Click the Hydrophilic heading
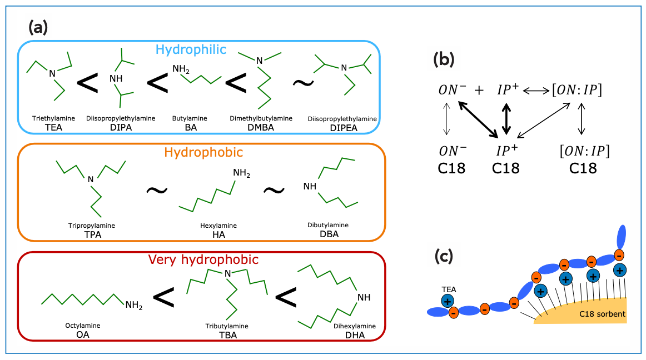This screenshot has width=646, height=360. point(191,49)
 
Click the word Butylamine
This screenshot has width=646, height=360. point(190,118)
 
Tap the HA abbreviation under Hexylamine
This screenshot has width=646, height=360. point(218,234)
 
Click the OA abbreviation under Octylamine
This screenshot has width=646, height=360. point(83,334)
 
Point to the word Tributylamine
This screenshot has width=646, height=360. point(227,326)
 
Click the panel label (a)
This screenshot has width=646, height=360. point(37,27)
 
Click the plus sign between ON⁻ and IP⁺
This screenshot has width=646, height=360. point(479,89)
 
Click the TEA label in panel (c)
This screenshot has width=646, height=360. point(446,289)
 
